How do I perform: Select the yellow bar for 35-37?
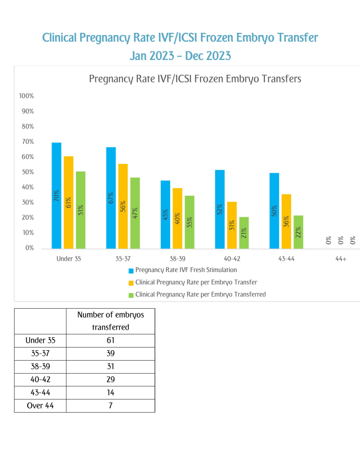click(x=123, y=206)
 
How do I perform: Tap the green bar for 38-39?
click(x=189, y=222)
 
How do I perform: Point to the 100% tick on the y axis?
click(x=26, y=96)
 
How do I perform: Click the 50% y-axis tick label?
click(x=28, y=172)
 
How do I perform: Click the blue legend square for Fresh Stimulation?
click(x=131, y=271)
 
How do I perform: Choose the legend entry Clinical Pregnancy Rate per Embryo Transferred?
click(x=200, y=295)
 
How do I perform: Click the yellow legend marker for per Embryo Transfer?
click(x=131, y=283)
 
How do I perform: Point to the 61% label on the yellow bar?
click(x=68, y=203)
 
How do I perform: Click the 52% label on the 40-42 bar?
click(x=219, y=209)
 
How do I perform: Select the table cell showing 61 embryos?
click(x=110, y=340)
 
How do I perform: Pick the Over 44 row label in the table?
click(x=40, y=406)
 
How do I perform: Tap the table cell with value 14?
click(x=110, y=393)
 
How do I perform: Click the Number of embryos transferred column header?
click(x=110, y=321)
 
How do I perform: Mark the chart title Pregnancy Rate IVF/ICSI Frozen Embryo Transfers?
click(x=195, y=79)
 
